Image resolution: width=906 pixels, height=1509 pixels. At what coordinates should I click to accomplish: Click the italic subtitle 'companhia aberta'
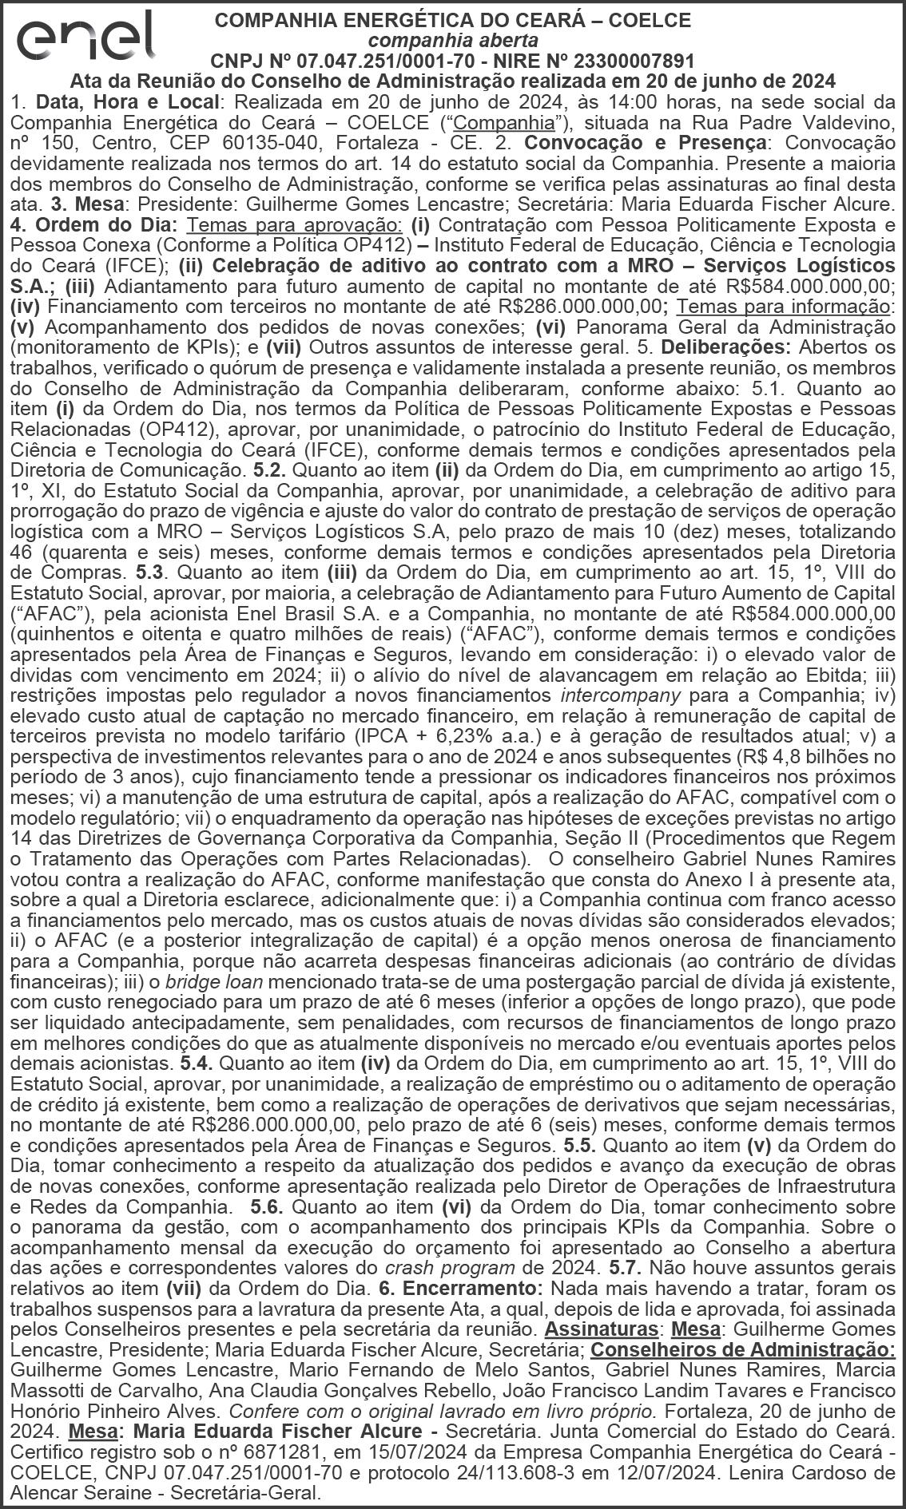[x=453, y=40]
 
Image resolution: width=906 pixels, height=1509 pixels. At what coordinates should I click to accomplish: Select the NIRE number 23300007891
[x=634, y=61]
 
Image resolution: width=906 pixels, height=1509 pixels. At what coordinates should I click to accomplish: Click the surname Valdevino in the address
[x=840, y=123]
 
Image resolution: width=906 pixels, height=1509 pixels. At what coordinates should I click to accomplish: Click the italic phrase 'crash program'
[x=451, y=1267]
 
